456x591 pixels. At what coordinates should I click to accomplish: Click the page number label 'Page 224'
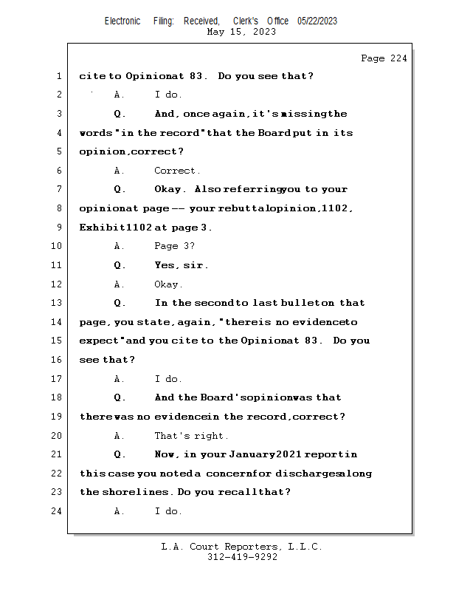pos(384,58)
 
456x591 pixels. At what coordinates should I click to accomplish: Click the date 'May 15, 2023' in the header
pos(242,32)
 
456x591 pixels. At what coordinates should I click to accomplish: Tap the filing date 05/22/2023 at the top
pos(317,21)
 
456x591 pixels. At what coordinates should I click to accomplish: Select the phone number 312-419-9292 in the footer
pos(242,558)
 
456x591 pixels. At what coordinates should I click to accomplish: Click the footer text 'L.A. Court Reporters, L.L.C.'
pos(241,547)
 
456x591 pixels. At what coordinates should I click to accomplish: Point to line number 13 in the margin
pos(58,303)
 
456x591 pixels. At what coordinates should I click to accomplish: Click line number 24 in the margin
pos(58,511)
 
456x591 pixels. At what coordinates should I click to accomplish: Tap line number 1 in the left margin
pos(58,76)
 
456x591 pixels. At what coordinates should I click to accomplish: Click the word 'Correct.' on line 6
pos(177,171)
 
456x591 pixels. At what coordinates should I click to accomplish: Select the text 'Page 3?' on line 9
pos(174,247)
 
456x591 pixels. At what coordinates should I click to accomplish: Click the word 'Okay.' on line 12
pos(169,284)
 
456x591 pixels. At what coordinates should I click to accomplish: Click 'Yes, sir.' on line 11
pos(182,265)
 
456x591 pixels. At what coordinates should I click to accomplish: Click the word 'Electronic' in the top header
pos(122,21)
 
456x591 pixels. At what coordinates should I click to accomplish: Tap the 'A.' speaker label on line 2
pos(119,95)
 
